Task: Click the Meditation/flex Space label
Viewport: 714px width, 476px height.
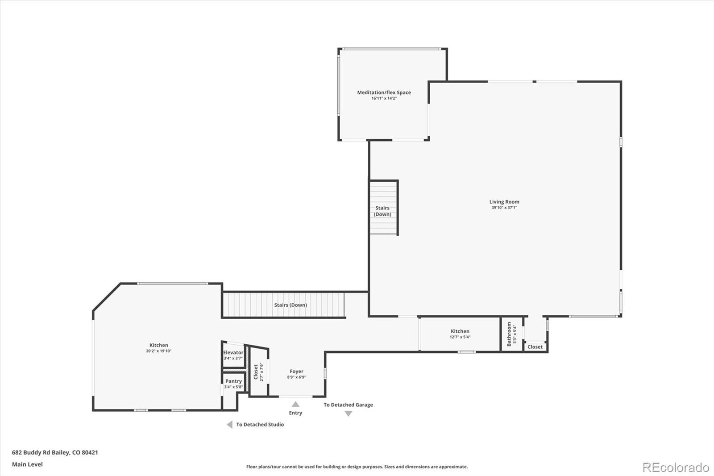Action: [x=384, y=92]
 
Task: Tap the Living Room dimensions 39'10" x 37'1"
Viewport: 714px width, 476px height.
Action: [x=504, y=208]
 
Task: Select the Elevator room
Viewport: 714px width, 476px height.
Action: [x=233, y=355]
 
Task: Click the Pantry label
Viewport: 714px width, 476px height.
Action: [x=233, y=381]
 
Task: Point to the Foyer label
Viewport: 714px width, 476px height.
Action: [x=296, y=371]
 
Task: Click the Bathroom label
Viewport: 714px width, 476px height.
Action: [x=509, y=334]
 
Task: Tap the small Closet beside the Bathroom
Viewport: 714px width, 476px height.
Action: [x=535, y=347]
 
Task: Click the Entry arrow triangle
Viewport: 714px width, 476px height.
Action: [x=295, y=404]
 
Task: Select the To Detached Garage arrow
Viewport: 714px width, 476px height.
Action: [x=348, y=414]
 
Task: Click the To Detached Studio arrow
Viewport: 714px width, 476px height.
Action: [x=229, y=425]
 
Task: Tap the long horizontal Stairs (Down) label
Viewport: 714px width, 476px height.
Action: [x=290, y=305]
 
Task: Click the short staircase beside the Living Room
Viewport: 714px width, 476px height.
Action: [x=383, y=208]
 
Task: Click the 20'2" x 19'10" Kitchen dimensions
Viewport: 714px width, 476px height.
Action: [x=158, y=351]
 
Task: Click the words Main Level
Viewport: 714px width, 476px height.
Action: [x=27, y=464]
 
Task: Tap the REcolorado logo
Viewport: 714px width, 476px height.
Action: [x=675, y=468]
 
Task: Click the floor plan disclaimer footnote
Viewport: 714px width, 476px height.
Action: [x=357, y=467]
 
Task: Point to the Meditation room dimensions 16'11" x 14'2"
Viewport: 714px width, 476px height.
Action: [x=384, y=98]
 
